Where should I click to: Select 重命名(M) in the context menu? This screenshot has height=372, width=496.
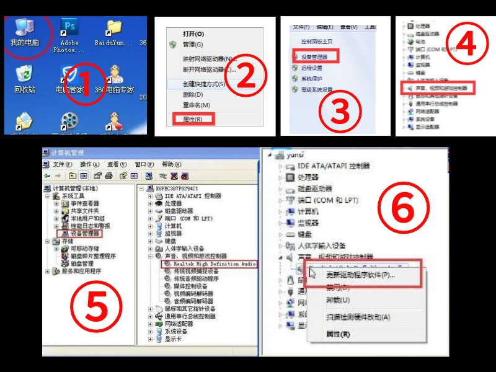[x=197, y=105]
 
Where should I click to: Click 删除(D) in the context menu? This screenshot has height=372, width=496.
[x=193, y=94]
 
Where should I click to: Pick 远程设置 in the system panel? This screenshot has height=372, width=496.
[x=312, y=68]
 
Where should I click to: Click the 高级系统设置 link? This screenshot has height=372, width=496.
[x=317, y=90]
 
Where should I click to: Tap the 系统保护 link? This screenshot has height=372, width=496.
[x=312, y=79]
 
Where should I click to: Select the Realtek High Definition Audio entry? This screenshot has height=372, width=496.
[x=210, y=263]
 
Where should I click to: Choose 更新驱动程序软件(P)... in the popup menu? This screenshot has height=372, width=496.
[x=360, y=275]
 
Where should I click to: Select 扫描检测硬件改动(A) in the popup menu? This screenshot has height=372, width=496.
[x=358, y=317]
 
